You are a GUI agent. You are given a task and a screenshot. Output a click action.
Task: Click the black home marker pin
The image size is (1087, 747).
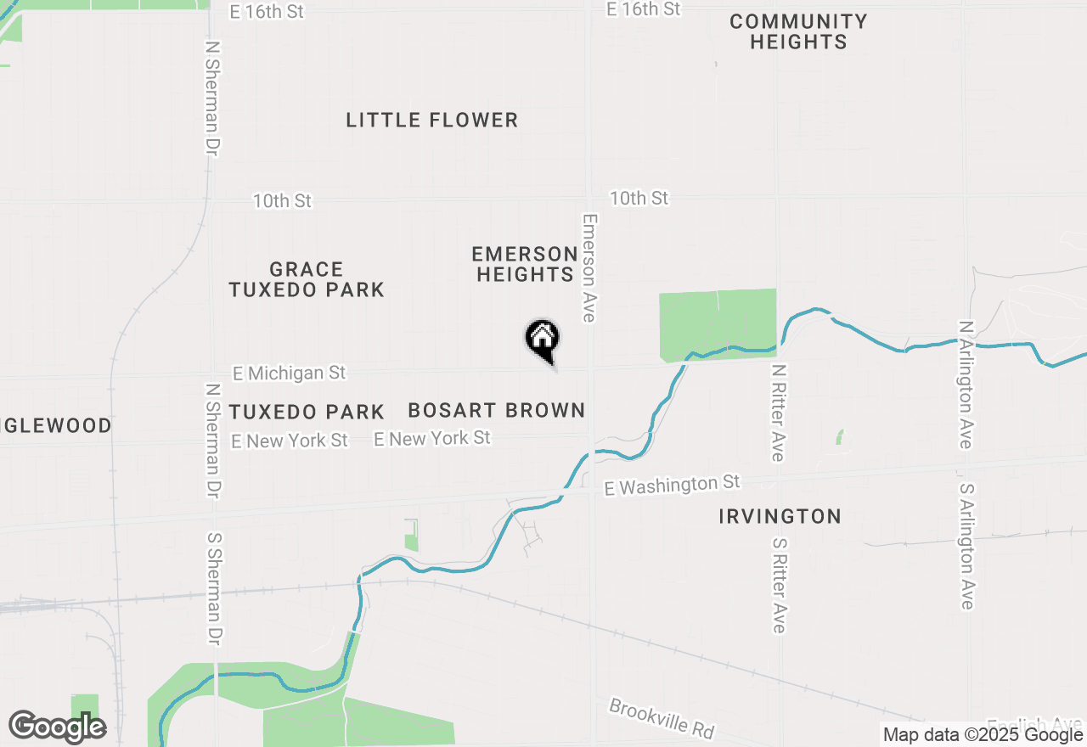click(542, 340)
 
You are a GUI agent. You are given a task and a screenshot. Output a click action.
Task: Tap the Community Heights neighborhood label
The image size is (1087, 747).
click(798, 31)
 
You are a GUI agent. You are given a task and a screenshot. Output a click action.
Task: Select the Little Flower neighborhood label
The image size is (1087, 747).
click(431, 121)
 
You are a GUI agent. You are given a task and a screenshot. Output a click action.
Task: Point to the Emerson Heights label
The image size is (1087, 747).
click(525, 264)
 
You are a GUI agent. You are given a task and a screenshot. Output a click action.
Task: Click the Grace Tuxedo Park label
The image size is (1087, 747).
click(307, 279)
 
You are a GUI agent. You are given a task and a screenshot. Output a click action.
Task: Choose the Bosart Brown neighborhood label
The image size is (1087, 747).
click(497, 411)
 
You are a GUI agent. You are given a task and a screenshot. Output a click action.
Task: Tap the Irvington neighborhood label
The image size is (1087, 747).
click(780, 516)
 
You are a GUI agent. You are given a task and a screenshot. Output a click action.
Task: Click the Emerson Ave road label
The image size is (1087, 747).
click(588, 267)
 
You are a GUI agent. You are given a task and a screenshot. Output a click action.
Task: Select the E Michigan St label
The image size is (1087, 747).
click(289, 373)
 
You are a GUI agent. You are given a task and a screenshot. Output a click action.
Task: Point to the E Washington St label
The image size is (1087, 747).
click(672, 485)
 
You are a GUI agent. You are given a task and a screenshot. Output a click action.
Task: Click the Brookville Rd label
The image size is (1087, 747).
click(662, 718)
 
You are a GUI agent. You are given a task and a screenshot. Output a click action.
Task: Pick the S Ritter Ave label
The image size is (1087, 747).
click(779, 585)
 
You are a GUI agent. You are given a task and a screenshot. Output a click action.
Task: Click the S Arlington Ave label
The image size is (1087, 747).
click(966, 547)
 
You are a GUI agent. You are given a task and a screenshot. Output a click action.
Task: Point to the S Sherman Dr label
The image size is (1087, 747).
click(213, 587)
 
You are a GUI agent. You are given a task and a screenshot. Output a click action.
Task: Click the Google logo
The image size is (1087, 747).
click(57, 727)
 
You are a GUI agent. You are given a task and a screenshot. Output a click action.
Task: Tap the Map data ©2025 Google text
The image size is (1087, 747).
click(983, 735)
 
